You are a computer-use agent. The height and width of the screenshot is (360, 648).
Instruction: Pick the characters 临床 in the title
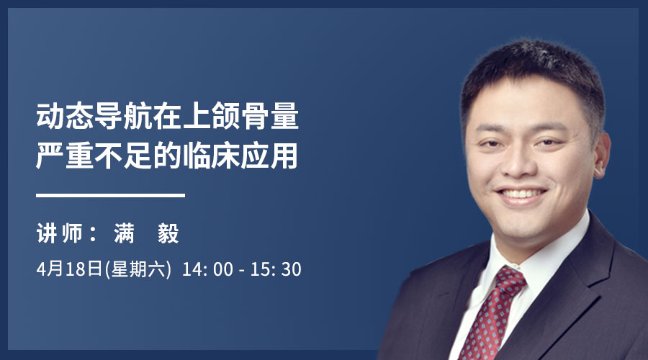[x=211, y=156]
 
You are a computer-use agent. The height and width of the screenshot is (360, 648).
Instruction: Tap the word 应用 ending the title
[x=269, y=156]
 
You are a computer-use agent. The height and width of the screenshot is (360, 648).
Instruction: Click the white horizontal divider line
[x=110, y=195]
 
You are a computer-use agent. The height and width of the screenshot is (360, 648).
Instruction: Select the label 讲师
[x=60, y=233]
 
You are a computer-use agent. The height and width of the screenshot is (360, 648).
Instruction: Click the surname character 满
[x=125, y=233]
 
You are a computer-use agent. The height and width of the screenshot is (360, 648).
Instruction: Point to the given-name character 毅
[x=168, y=233]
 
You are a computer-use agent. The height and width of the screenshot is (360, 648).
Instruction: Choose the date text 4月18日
[x=69, y=269]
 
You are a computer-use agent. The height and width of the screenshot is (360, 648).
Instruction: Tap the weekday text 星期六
[x=138, y=269]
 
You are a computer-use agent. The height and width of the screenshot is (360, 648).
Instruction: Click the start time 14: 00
[x=207, y=269]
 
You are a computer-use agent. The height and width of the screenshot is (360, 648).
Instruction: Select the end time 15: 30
[x=276, y=269]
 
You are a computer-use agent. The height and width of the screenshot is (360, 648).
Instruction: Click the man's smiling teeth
[x=521, y=194]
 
